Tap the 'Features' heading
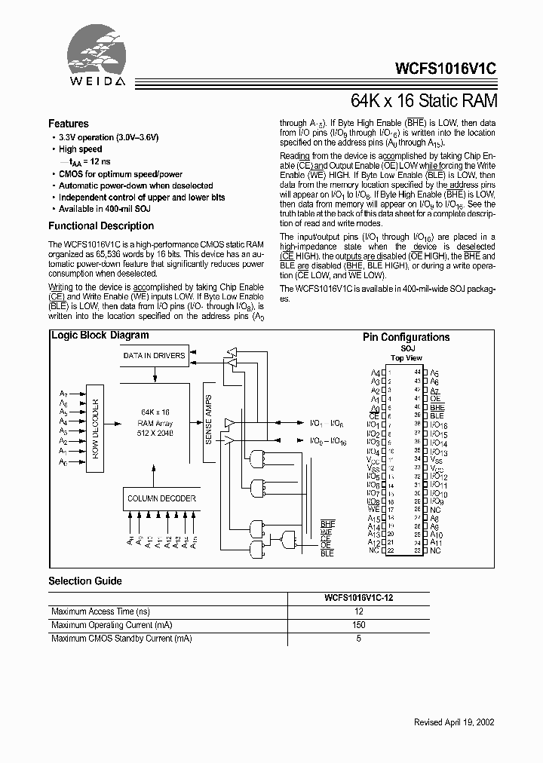tap(69, 124)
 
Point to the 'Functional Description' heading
tap(101, 226)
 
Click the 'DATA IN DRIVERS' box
tap(154, 355)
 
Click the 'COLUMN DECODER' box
tap(161, 498)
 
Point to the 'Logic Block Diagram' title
tap(100, 336)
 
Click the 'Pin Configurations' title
tap(406, 338)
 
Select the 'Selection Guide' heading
tap(85, 581)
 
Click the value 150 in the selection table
tap(359, 625)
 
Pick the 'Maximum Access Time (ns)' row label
tap(100, 611)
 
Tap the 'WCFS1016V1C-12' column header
tap(359, 597)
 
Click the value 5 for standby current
tap(359, 639)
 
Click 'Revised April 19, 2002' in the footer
tap(454, 722)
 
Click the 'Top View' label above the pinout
tap(406, 358)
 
